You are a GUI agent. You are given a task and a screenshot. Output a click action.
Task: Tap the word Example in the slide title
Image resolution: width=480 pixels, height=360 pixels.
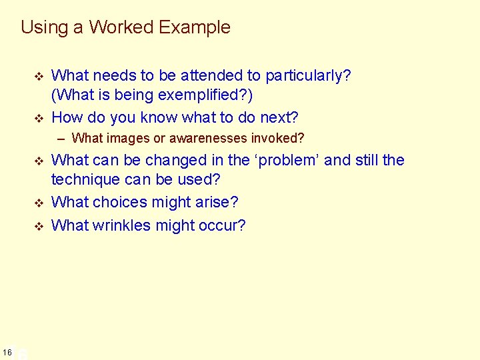(196, 27)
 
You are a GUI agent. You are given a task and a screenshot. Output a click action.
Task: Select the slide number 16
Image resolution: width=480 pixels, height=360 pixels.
(7, 352)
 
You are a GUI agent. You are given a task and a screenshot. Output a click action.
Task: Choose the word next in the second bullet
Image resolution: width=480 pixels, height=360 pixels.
(277, 118)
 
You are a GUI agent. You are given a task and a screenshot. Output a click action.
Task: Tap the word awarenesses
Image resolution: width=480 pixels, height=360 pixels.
(206, 139)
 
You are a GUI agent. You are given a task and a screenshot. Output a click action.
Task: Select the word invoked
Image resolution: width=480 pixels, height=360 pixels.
(281, 139)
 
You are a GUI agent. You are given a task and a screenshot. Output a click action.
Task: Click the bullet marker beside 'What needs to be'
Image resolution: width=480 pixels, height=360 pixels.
(38, 76)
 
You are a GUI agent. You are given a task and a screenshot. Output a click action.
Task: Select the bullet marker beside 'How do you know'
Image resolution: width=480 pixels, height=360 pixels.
(38, 118)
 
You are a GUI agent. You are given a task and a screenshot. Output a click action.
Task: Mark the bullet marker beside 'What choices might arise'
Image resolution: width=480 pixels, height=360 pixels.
(38, 202)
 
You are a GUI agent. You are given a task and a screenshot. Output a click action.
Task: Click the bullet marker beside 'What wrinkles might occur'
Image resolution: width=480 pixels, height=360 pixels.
(38, 225)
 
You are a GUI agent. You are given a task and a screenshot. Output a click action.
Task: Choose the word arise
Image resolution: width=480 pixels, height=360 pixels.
(217, 202)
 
